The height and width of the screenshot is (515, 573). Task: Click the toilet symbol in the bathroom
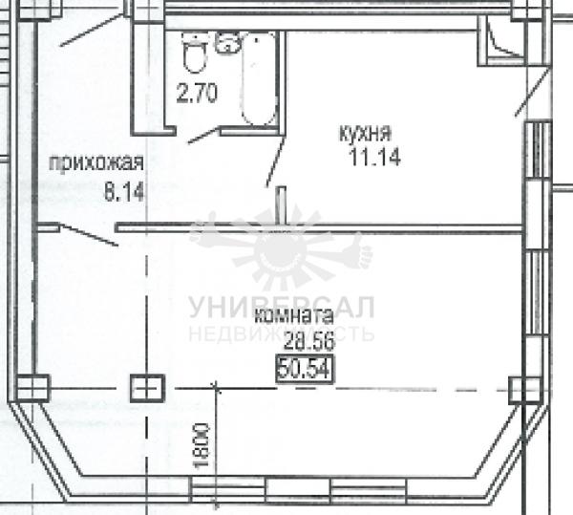click(194, 53)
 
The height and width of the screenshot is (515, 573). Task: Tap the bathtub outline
click(258, 79)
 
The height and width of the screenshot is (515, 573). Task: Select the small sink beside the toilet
click(228, 43)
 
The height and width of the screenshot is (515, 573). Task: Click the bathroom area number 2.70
click(197, 93)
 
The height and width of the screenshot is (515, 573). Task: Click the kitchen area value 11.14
click(375, 157)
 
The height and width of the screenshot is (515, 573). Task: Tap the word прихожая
click(96, 163)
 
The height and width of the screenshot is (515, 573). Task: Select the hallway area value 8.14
click(124, 191)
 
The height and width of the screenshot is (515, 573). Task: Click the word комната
click(293, 316)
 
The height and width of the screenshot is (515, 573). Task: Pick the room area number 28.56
click(309, 342)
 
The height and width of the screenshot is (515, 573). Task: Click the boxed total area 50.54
click(305, 369)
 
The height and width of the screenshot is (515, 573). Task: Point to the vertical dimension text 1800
click(202, 445)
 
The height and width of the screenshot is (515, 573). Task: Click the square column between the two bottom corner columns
click(147, 388)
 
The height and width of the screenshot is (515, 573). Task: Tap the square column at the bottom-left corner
click(33, 388)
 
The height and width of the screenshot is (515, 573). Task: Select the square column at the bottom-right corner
click(525, 391)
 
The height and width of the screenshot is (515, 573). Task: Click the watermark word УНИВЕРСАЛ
click(282, 308)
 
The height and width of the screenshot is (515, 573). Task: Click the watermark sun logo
click(281, 248)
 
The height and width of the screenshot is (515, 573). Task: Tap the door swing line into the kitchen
click(276, 161)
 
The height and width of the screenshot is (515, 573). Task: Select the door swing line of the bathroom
click(203, 136)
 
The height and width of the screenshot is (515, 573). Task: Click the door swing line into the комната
click(89, 235)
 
